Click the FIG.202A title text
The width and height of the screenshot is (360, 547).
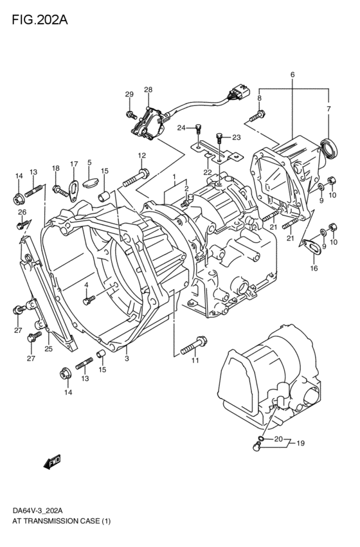pyautogui.click(x=39, y=19)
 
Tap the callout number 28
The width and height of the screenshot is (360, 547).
pyautogui.click(x=148, y=90)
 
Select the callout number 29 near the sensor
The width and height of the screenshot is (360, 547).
pyautogui.click(x=129, y=94)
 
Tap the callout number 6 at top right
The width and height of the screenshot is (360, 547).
pyautogui.click(x=292, y=75)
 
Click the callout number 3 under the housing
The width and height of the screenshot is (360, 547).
pyautogui.click(x=127, y=358)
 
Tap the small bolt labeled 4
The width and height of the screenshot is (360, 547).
pyautogui.click(x=89, y=297)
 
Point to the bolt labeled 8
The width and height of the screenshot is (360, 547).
pyautogui.click(x=254, y=116)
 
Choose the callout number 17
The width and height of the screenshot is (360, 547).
pyautogui.click(x=74, y=164)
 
